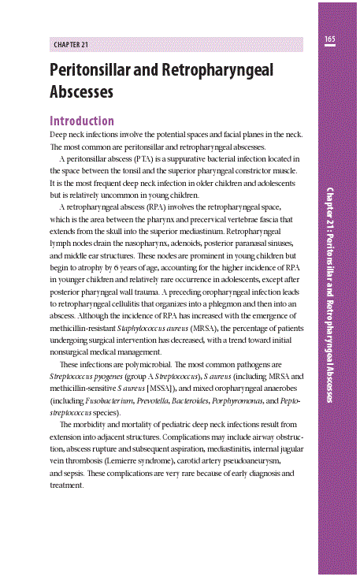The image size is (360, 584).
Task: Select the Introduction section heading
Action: (81, 121)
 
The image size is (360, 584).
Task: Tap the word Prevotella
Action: (157, 400)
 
